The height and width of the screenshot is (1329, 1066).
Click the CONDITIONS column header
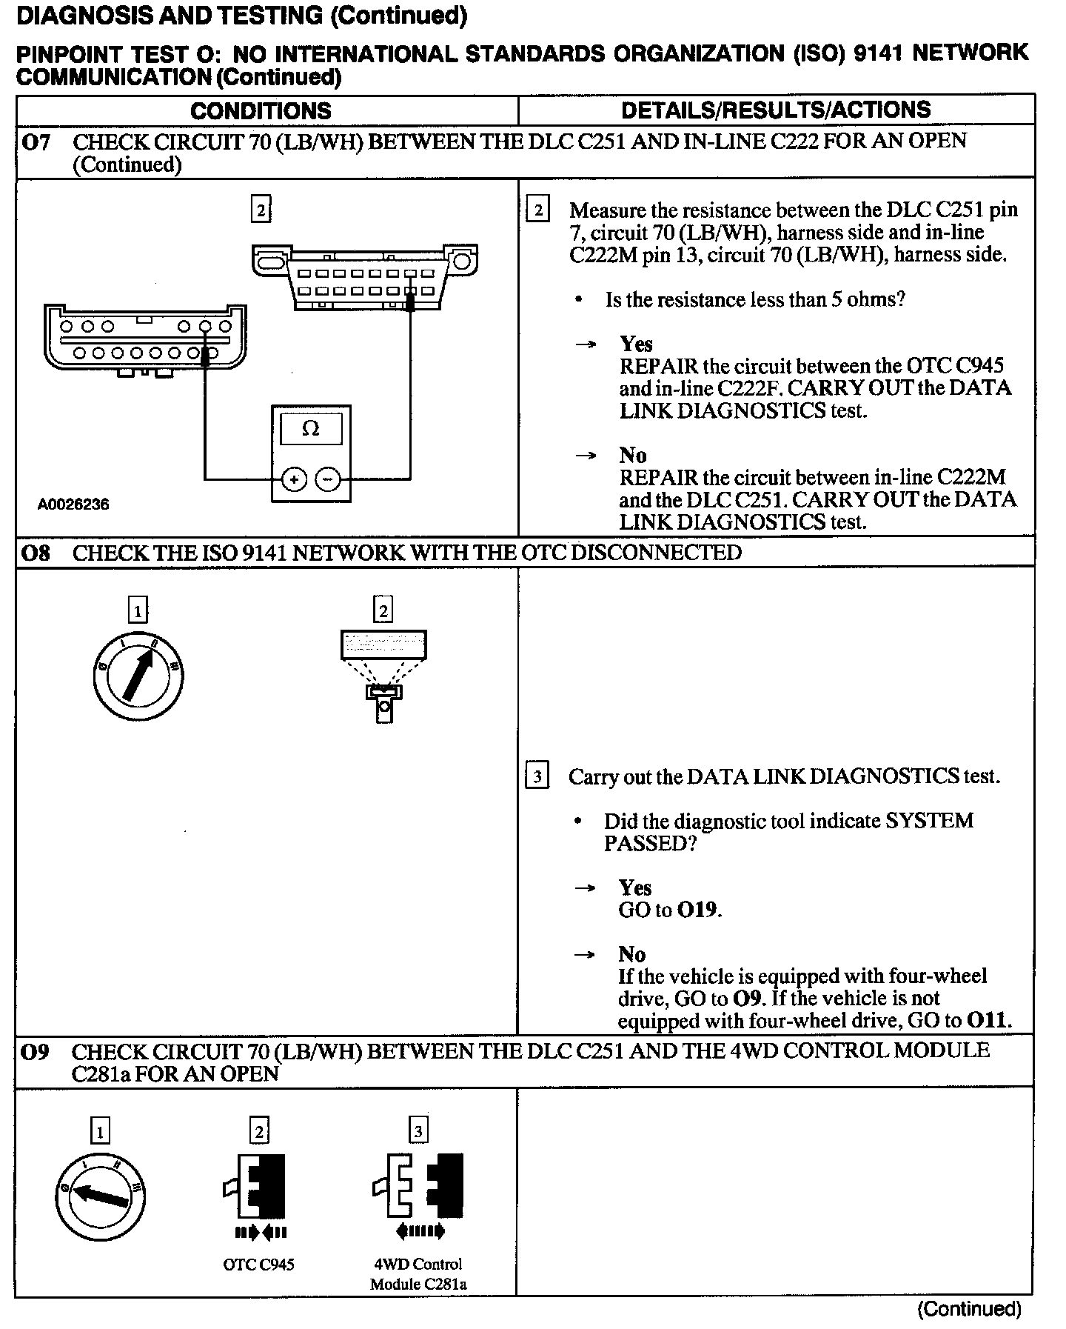(x=261, y=111)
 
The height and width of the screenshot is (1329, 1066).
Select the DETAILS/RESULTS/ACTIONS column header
(x=776, y=110)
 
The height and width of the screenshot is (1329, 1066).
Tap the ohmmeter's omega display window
(x=311, y=429)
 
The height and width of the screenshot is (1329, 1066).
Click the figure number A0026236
(x=73, y=504)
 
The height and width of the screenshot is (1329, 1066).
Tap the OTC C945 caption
(x=258, y=1265)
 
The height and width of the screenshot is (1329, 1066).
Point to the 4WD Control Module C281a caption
(x=418, y=1273)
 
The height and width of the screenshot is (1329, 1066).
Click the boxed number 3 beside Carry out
(x=537, y=777)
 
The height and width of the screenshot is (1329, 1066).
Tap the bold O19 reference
(x=697, y=910)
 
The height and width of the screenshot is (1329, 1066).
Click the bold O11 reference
(x=988, y=1021)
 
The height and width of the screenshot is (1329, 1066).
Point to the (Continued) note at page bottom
(x=969, y=1309)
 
